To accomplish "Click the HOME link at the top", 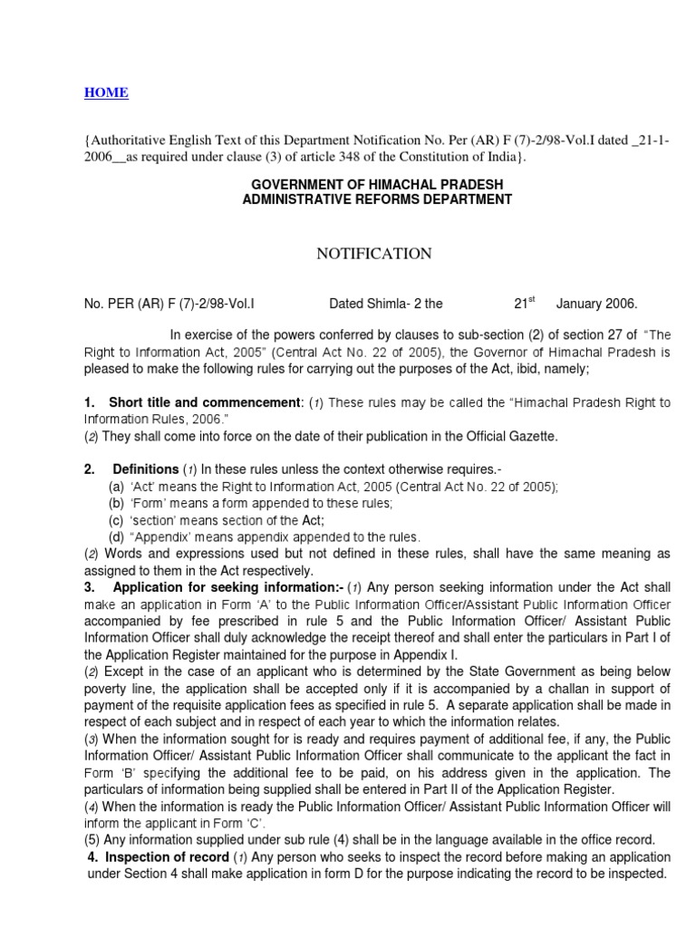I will [x=106, y=92].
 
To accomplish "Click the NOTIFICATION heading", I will [x=373, y=255].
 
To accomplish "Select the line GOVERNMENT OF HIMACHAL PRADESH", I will [x=376, y=185].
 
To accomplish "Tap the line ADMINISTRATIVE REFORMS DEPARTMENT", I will [x=376, y=199].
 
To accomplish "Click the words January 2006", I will [x=596, y=304].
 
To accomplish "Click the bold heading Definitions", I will [x=145, y=469].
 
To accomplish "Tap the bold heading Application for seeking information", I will [x=214, y=587].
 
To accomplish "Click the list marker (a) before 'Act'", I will [x=116, y=487].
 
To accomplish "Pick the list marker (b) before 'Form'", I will [x=116, y=504].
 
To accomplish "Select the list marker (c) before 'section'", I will [x=116, y=520].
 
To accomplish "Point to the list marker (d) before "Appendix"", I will [x=116, y=537].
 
